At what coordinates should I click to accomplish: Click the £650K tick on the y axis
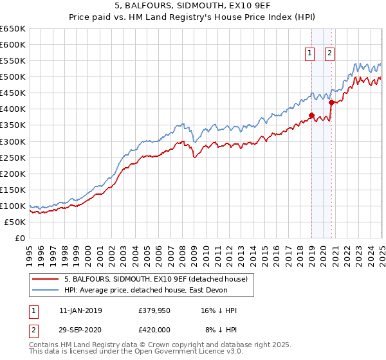[13, 29]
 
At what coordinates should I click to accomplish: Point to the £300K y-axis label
[13, 141]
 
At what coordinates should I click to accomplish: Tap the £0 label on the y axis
[20, 238]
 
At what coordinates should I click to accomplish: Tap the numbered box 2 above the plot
[329, 54]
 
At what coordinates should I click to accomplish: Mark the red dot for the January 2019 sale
[311, 116]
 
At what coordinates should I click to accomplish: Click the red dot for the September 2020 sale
[331, 102]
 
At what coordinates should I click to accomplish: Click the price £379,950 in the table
[153, 310]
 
